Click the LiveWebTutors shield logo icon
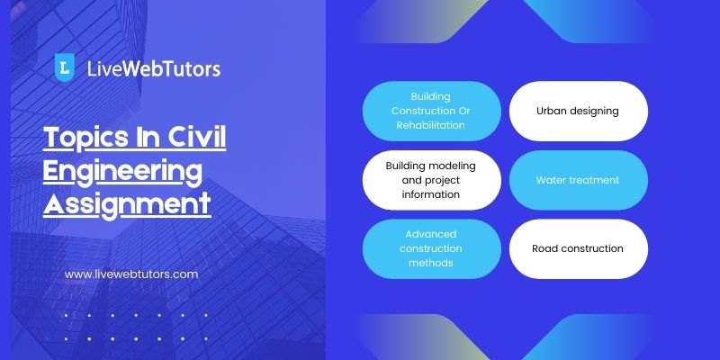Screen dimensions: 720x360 pyautogui.click(x=64, y=67)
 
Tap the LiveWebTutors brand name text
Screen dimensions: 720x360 pyautogui.click(x=153, y=69)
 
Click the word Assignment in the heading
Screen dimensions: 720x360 pyautogui.click(x=127, y=205)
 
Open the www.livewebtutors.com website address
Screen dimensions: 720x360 pyautogui.click(x=131, y=274)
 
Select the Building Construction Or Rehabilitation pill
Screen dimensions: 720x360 pyautogui.click(x=432, y=111)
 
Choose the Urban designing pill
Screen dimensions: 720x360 pyautogui.click(x=579, y=111)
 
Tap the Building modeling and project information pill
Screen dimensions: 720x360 pyautogui.click(x=432, y=180)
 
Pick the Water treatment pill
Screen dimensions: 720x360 pyautogui.click(x=579, y=180)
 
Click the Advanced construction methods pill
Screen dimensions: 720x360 pyautogui.click(x=432, y=249)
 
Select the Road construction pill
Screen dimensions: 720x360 pyautogui.click(x=579, y=249)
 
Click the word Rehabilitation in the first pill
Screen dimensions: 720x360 pyautogui.click(x=431, y=125)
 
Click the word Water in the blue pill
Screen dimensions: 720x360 pyautogui.click(x=549, y=180)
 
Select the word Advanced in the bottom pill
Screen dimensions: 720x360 pyautogui.click(x=431, y=234)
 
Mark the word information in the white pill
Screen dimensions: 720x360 pyautogui.click(x=431, y=194)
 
